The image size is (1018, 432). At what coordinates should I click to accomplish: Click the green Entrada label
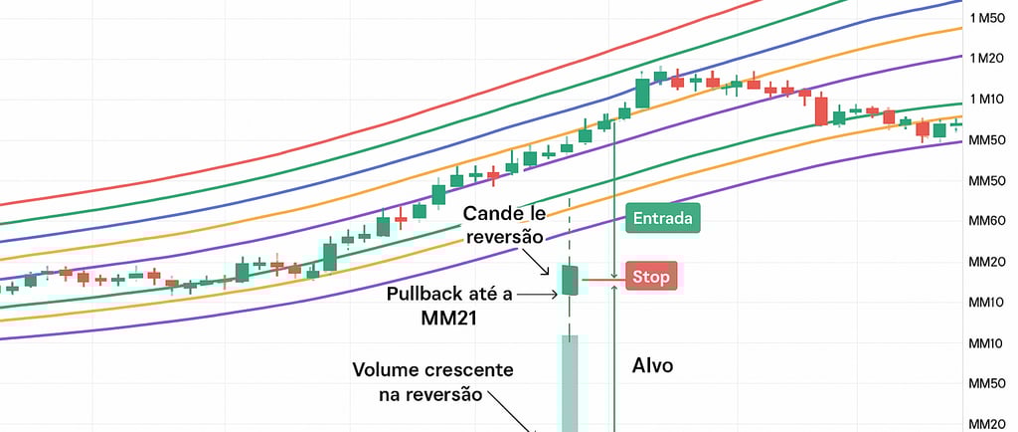point(663,218)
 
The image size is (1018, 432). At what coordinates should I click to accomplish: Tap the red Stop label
point(650,277)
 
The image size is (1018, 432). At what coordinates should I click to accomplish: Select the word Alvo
point(652,365)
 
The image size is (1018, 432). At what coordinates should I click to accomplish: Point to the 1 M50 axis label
point(987,18)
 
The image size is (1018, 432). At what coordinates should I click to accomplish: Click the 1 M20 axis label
point(987,59)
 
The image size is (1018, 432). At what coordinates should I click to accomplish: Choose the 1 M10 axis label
point(987,100)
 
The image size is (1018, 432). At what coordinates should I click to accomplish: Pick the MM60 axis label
point(987,222)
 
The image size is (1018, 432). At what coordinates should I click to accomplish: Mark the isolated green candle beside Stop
point(570,280)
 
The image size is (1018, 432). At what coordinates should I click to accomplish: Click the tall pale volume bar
point(570,383)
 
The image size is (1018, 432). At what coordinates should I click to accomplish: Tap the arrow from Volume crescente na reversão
point(512,410)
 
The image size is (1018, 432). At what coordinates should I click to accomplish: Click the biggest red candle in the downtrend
point(821,110)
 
